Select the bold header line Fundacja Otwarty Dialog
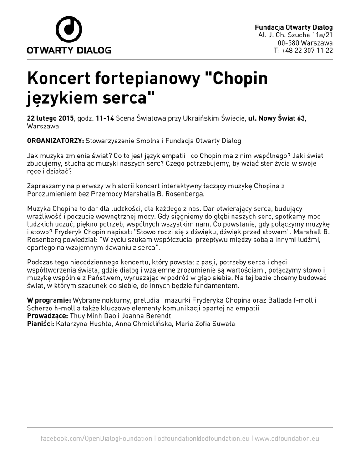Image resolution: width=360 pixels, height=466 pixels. click(x=294, y=27)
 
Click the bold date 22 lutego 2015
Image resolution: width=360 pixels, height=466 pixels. click(x=51, y=118)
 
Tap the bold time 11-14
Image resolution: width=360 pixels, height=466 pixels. click(x=105, y=118)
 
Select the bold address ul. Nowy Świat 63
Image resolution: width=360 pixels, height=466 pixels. click(x=276, y=118)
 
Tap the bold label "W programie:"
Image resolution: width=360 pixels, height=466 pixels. click(x=49, y=300)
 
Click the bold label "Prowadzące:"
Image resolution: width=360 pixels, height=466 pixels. click(x=48, y=316)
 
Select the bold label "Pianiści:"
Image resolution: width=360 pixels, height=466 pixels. click(x=41, y=324)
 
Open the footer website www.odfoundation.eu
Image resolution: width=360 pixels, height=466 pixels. click(x=287, y=438)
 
